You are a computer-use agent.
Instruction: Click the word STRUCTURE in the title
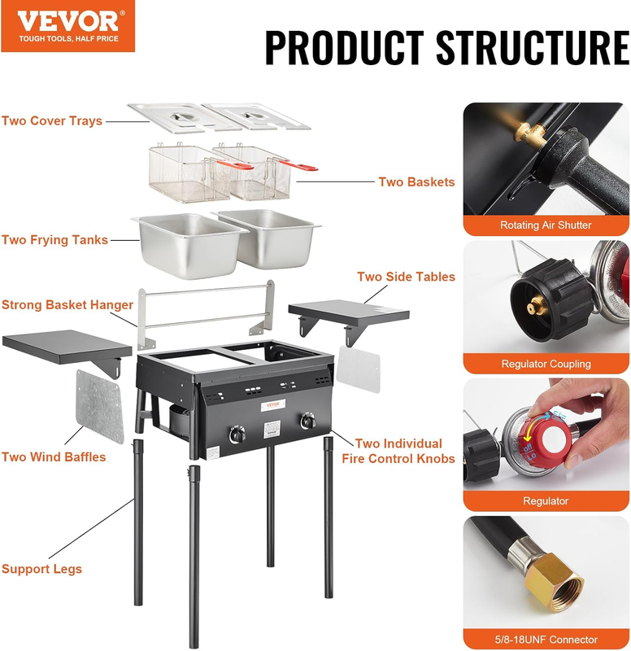533,47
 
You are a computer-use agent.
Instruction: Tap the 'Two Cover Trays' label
52,120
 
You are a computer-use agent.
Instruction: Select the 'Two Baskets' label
416,181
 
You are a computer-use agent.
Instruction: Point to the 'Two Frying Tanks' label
54,240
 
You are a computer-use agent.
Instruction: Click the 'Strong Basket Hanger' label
67,304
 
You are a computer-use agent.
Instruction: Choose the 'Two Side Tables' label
406,277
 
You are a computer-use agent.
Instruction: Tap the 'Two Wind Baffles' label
54,457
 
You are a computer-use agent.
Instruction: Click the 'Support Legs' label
41,569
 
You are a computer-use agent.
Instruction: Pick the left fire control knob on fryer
237,435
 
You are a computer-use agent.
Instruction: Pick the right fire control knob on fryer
308,421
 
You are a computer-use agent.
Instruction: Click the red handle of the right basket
298,166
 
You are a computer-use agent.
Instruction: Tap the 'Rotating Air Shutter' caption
546,225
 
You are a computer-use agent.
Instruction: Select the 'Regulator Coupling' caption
546,364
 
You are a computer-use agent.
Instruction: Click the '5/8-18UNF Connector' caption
546,640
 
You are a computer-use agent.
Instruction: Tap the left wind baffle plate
99,406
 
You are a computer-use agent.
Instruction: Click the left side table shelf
67,347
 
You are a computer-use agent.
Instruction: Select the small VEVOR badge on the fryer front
273,405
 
